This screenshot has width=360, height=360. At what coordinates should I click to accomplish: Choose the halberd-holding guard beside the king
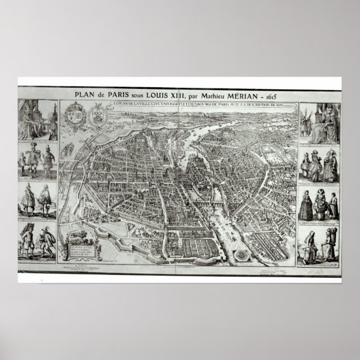pos(51,120)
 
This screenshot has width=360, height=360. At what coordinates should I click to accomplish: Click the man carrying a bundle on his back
pos(27,240)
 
